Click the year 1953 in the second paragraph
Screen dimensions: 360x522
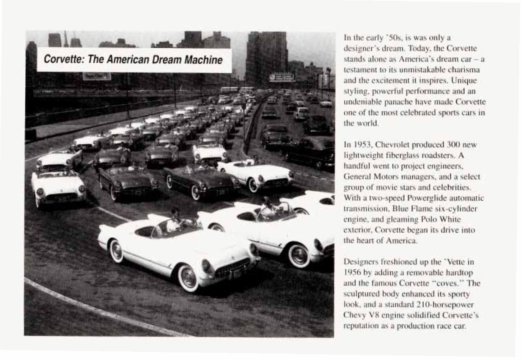(x=364, y=145)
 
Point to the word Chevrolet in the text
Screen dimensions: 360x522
(x=392, y=145)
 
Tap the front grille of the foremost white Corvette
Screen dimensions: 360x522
(x=232, y=267)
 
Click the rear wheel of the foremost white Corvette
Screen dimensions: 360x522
(x=116, y=250)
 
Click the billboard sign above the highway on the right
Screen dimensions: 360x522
(x=282, y=78)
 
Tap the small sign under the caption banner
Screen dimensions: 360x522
(x=97, y=76)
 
